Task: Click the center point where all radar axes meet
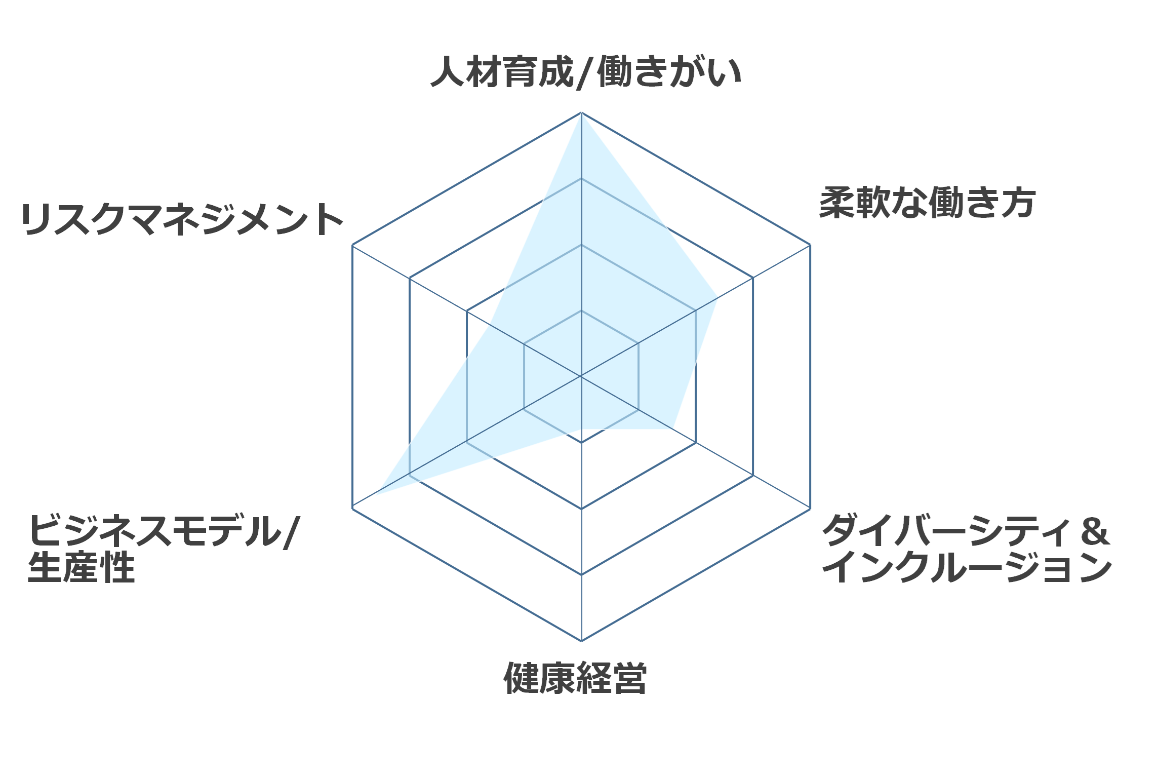[581, 376]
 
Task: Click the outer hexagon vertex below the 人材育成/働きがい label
[581, 112]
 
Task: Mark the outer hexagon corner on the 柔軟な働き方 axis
[810, 245]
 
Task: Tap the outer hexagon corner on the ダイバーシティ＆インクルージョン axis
[810, 509]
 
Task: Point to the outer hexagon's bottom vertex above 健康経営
[581, 641]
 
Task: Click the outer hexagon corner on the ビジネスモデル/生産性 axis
[352, 509]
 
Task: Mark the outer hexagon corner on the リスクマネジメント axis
[352, 245]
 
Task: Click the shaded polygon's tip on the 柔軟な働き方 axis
[717, 298]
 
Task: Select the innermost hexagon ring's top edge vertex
[581, 310]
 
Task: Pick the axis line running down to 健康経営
[581, 509]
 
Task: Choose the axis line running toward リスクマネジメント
[467, 310]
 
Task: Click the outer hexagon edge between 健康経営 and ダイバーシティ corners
[696, 575]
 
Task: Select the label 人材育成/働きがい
[586, 72]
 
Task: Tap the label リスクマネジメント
[183, 219]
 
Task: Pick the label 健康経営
[575, 678]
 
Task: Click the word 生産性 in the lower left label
[82, 567]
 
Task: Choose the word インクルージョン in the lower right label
[967, 567]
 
